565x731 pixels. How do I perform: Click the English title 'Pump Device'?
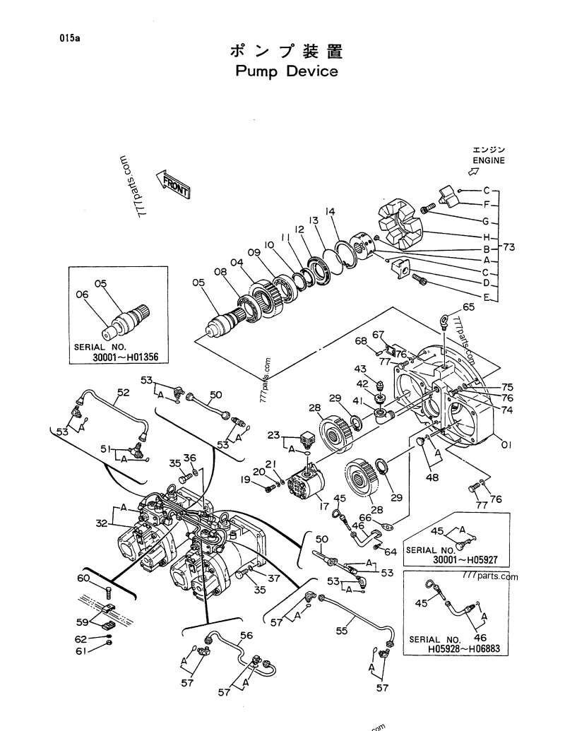(286, 71)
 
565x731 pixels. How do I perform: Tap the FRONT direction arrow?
(174, 184)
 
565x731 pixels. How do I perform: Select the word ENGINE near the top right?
(489, 160)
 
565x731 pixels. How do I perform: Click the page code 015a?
(69, 39)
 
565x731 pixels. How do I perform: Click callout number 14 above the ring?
(330, 211)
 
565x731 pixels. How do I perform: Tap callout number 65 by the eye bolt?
(469, 307)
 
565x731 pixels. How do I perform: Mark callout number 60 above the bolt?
(84, 578)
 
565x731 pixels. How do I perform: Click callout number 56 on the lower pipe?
(246, 635)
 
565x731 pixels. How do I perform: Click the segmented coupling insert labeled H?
(400, 219)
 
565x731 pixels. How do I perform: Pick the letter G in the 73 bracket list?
(486, 221)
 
